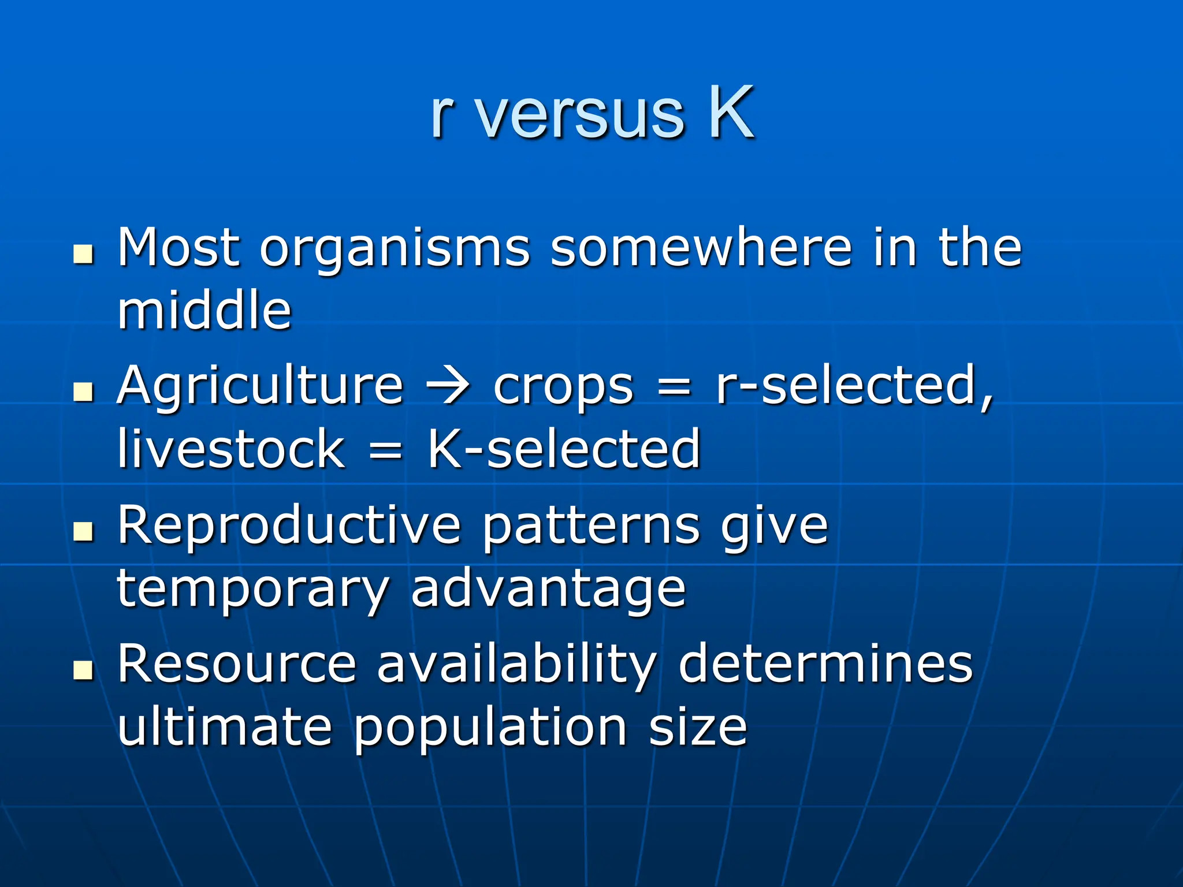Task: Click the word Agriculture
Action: coord(260,387)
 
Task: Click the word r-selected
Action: coord(854,386)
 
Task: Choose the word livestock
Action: coord(231,449)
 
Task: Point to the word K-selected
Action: coord(564,449)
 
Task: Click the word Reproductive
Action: coord(289,526)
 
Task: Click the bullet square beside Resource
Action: coord(84,670)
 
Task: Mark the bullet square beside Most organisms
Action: coord(84,254)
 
